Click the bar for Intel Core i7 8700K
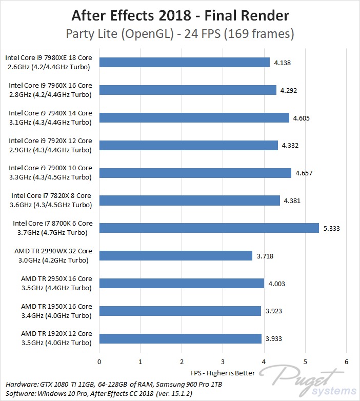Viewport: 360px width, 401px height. pyautogui.click(x=209, y=228)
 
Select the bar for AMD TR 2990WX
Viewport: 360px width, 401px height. pyautogui.click(x=175, y=255)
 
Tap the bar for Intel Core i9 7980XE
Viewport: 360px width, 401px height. pyautogui.click(x=184, y=62)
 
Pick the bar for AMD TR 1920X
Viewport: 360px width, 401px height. pyautogui.click(x=180, y=338)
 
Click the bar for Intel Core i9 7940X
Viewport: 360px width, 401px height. pyautogui.click(x=194, y=117)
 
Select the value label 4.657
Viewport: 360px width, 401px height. pyautogui.click(x=304, y=173)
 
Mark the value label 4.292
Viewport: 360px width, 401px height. pyautogui.click(x=289, y=90)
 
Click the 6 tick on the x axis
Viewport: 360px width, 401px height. pyautogui.click(x=346, y=362)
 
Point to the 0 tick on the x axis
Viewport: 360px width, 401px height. pyautogui.click(x=99, y=362)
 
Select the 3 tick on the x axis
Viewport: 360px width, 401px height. pyautogui.click(x=223, y=362)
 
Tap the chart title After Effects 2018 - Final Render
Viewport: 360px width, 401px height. pyautogui.click(x=179, y=16)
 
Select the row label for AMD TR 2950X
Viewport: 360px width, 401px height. pyautogui.click(x=56, y=283)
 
